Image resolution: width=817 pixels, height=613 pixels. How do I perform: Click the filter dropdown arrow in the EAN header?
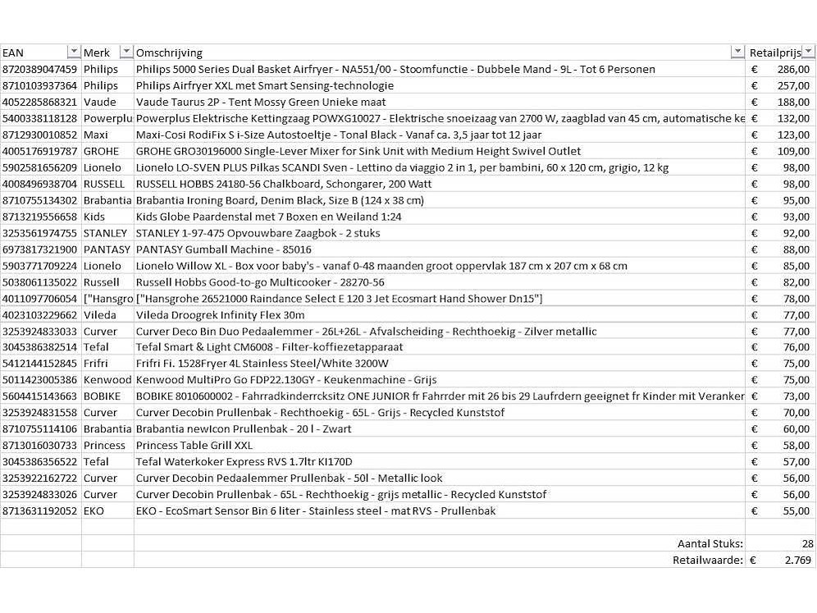tap(74, 53)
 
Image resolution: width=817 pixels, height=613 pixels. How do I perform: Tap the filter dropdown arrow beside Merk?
tap(126, 53)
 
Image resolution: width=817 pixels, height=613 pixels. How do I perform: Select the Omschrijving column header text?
tap(169, 53)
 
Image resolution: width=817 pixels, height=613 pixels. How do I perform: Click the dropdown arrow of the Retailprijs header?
tap(808, 53)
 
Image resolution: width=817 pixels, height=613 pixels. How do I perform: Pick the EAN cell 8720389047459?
tap(40, 70)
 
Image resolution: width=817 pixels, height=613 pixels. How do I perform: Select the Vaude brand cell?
tap(99, 103)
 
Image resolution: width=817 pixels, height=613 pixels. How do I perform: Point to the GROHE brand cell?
tap(101, 152)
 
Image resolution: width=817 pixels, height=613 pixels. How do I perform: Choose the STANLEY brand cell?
tap(105, 233)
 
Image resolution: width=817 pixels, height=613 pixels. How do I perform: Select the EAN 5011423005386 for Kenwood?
tap(40, 380)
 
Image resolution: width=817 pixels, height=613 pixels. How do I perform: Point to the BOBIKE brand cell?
tap(102, 396)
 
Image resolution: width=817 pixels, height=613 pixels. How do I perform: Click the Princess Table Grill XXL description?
tap(194, 446)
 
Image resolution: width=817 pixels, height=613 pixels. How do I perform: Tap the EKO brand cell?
tap(94, 511)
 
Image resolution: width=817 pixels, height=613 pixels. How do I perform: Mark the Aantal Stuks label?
tap(710, 544)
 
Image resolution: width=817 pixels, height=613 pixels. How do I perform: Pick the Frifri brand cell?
tap(96, 364)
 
